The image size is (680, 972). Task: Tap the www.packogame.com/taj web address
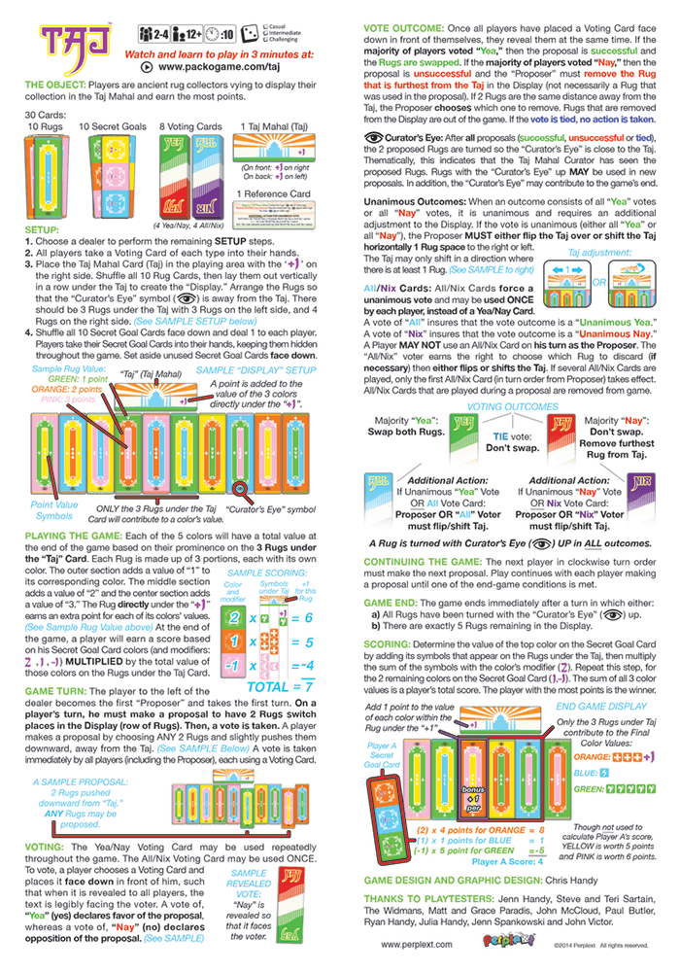pyautogui.click(x=211, y=67)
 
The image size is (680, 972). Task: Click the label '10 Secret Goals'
pyautogui.click(x=109, y=127)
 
